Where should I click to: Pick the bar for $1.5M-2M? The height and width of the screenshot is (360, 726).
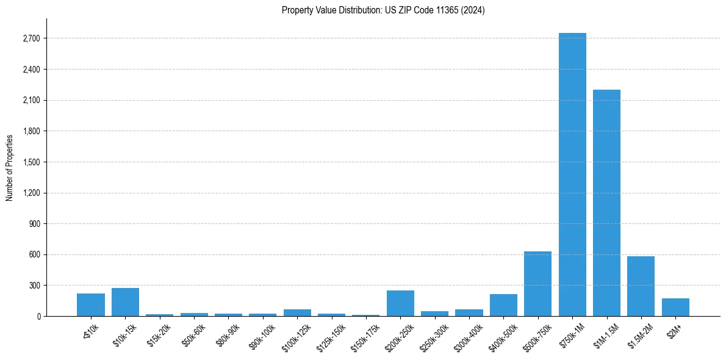pyautogui.click(x=641, y=286)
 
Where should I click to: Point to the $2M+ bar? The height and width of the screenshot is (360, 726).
pyautogui.click(x=675, y=307)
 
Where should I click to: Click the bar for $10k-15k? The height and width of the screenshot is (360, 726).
pyautogui.click(x=125, y=302)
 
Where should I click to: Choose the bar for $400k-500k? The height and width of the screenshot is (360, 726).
pyautogui.click(x=503, y=305)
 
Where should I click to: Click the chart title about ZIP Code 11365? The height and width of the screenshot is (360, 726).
pyautogui.click(x=383, y=10)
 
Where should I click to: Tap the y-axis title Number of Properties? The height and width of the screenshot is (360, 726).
pyautogui.click(x=10, y=167)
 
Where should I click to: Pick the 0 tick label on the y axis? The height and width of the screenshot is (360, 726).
pyautogui.click(x=38, y=316)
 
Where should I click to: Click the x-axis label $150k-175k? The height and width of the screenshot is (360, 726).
pyautogui.click(x=365, y=334)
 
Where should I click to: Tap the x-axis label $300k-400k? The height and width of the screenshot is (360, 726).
pyautogui.click(x=469, y=334)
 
